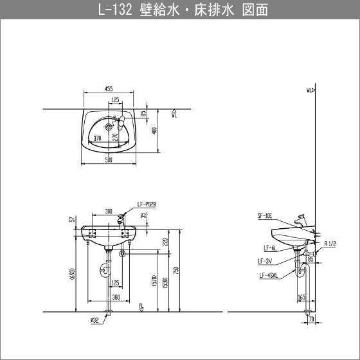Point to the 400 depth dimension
(154, 130)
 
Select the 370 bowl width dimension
(97, 138)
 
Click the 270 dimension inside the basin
(114, 136)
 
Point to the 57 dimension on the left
(71, 220)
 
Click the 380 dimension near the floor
(116, 297)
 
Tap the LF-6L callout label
(269, 248)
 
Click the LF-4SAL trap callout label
(268, 275)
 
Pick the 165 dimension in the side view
(301, 297)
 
